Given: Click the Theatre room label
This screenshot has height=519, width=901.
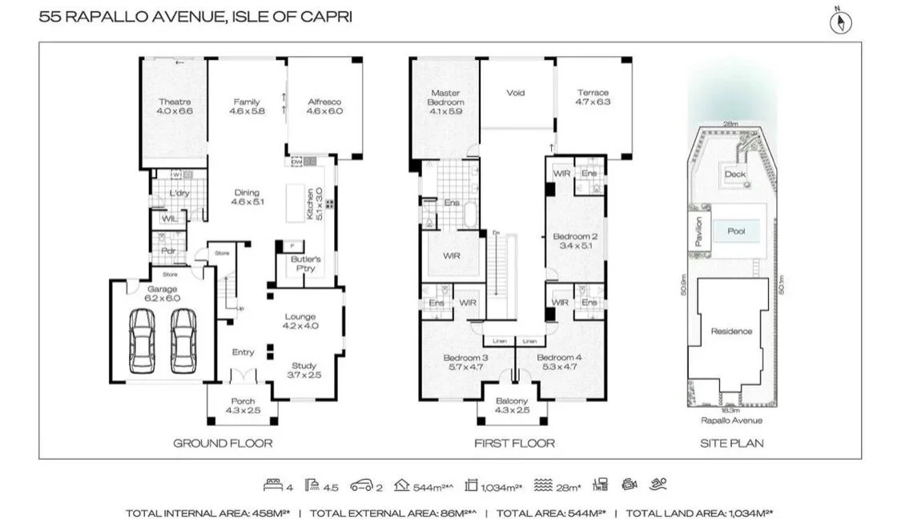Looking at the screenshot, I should [x=175, y=102].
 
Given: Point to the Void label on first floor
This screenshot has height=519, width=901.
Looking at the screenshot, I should [x=516, y=93].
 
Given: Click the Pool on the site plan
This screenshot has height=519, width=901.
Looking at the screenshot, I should [x=736, y=231].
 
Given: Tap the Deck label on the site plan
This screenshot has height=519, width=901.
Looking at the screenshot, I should [x=734, y=174].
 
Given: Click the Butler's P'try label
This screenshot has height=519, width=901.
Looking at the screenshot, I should [x=305, y=264].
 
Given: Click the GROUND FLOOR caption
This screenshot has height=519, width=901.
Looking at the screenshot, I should [x=223, y=443].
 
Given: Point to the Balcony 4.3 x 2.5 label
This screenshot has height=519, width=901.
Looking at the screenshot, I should [x=512, y=405].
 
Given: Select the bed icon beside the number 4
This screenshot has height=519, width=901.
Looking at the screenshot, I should [x=272, y=485].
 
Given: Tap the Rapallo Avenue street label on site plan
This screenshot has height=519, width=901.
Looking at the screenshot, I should [x=731, y=420].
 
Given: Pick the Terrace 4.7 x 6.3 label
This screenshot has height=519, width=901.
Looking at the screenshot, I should [x=593, y=98].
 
